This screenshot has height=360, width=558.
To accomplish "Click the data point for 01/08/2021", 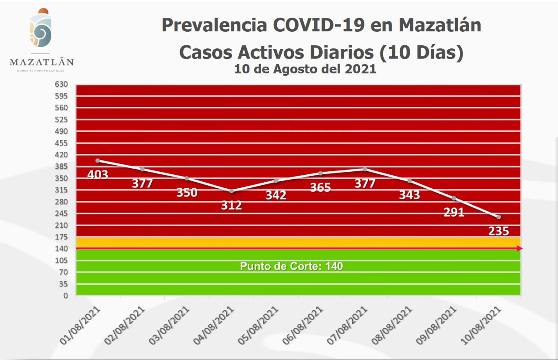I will click(98, 160).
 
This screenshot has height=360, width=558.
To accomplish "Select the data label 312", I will click(231, 205).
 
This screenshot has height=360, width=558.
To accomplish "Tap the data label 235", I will click(498, 231).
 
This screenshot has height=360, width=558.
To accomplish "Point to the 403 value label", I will click(98, 174).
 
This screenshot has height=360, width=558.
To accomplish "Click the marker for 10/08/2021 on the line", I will click(498, 217).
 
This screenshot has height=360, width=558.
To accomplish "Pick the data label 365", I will click(320, 187).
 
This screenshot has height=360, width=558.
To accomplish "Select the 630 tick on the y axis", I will click(61, 84).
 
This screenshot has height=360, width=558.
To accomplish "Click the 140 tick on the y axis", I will click(61, 248).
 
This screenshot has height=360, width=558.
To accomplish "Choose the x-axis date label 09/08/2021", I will click(439, 326).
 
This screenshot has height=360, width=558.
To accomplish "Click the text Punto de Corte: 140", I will click(292, 266).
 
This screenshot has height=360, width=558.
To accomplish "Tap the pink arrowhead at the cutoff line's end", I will click(520, 248).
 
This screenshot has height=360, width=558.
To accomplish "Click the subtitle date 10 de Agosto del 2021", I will click(305, 69).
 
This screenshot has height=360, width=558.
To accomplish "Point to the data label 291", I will click(454, 213).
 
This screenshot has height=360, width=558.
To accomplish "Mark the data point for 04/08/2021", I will click(231, 191).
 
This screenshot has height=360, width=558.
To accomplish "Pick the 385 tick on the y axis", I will click(61, 166).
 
